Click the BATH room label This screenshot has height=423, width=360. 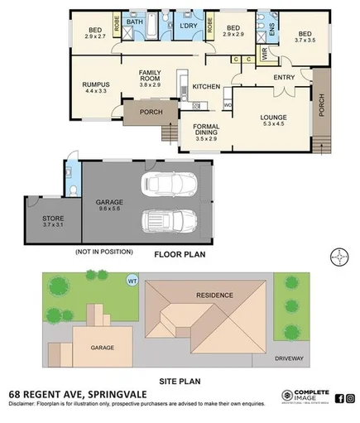point(134,22)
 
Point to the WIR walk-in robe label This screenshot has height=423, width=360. point(264,55)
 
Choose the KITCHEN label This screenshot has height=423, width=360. point(206,87)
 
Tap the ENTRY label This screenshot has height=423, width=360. point(284,78)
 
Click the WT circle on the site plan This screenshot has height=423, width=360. point(132,281)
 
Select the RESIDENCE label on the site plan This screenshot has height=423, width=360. point(214,295)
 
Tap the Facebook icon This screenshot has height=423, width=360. point(338,397)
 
